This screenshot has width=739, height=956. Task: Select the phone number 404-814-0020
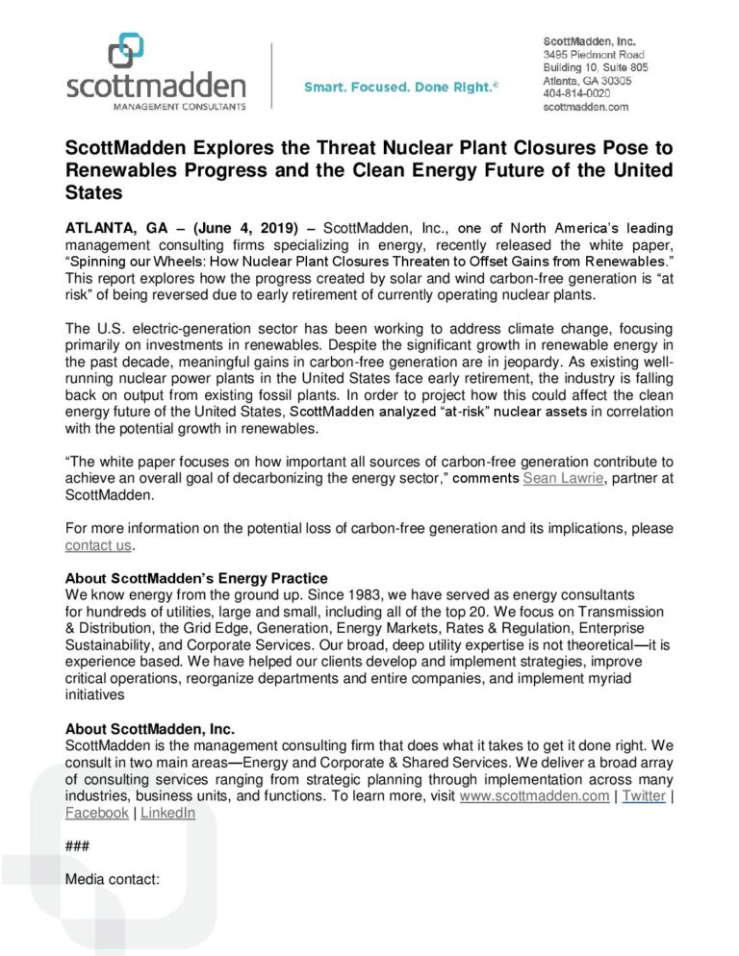576,94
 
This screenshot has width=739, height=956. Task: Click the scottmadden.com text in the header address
585,108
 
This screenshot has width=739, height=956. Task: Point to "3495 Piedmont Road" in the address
593,55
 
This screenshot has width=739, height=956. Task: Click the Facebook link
96,813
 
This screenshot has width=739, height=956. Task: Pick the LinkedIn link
167,813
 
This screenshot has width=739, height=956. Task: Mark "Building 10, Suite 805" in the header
595,68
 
